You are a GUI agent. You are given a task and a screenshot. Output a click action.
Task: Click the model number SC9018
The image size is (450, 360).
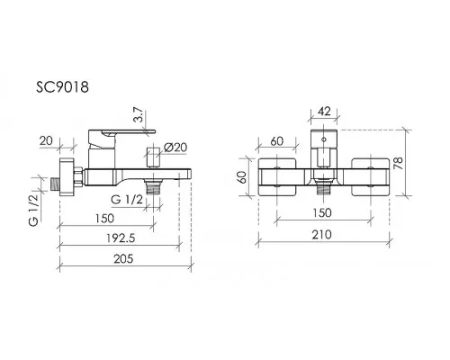coord(62,87)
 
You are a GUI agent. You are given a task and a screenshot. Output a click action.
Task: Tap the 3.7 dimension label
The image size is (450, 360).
coord(139,116)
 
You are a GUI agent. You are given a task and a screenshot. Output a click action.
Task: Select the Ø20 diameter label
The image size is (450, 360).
coord(175,148)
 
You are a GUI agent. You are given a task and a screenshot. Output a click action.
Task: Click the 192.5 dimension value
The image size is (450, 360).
coord(121,238)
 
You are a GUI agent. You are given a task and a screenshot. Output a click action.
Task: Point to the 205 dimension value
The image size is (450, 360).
coord(123,258)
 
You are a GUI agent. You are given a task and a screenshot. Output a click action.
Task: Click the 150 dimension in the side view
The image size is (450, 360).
coord(104,218)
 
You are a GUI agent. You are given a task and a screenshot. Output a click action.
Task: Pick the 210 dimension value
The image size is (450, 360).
coord(321,234)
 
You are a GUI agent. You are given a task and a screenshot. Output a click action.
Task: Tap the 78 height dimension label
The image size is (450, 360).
coord(399,163)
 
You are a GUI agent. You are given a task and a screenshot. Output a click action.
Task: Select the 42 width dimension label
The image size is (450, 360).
coord(324,112)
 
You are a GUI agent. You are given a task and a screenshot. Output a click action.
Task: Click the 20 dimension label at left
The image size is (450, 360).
coord(46,140)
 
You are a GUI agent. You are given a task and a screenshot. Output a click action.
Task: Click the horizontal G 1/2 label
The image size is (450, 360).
coord(127,199)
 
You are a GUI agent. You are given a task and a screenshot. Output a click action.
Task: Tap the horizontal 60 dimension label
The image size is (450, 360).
coord(276,141)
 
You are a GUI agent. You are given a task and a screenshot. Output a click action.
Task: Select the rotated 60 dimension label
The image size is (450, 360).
coord(242,177)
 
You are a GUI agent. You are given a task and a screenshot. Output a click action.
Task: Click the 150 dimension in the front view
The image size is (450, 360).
coord(322,212)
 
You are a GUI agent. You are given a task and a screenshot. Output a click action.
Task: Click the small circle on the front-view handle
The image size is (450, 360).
coord(324,139)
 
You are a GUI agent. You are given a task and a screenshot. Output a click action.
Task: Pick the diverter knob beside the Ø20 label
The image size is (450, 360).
coord(153,157)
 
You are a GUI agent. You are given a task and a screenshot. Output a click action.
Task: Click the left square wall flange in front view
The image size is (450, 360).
coord(277,177)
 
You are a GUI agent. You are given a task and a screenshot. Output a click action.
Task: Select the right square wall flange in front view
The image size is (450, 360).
coord(371,177)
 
